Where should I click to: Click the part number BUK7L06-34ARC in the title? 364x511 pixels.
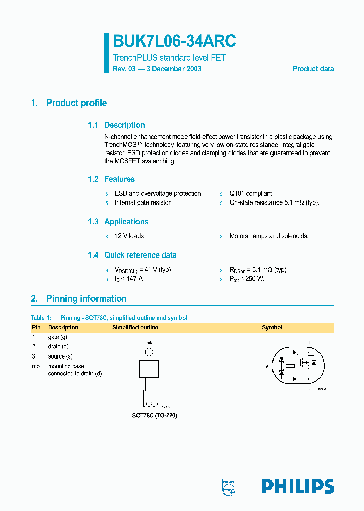(174, 41)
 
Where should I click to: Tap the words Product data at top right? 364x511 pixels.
(313, 69)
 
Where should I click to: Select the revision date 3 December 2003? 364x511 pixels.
(173, 69)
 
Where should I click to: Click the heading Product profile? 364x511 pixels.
(76, 103)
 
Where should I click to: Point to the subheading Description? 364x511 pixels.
(124, 125)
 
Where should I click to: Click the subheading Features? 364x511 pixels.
(119, 179)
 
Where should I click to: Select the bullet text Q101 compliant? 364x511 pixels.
(251, 193)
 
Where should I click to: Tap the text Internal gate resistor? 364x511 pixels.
(143, 202)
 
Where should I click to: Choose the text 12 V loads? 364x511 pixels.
(129, 236)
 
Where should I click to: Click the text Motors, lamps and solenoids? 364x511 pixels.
(269, 236)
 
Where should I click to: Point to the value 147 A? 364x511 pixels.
(134, 279)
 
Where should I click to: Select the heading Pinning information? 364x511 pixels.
(86, 299)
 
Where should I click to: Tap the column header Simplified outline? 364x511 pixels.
(135, 327)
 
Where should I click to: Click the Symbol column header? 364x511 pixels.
(271, 327)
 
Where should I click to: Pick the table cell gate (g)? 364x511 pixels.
(58, 337)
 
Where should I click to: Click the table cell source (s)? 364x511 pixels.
(60, 356)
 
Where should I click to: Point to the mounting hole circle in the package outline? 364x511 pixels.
(150, 352)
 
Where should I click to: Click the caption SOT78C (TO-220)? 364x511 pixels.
(155, 415)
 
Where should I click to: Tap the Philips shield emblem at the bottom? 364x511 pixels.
(229, 486)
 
